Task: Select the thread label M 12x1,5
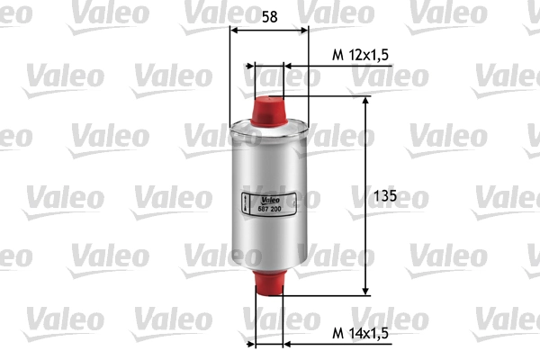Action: [x=359, y=55]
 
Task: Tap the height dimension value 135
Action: [x=385, y=194]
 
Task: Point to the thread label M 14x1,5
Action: [x=359, y=334]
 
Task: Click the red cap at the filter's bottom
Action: [x=270, y=283]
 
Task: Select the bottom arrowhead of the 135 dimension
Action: [x=365, y=290]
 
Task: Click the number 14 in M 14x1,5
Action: [x=353, y=334]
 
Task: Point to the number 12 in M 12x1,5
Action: [x=353, y=55]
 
